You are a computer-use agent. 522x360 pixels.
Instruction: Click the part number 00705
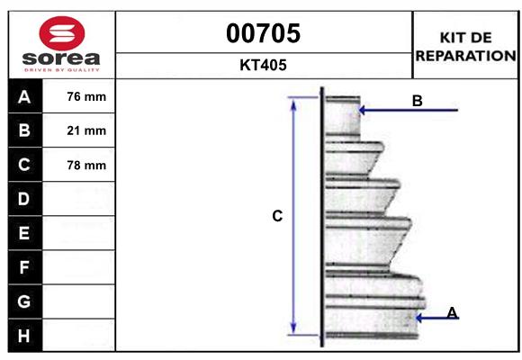[263, 33]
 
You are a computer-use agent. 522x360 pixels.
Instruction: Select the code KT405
[263, 66]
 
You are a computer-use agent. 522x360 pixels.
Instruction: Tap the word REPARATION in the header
[466, 55]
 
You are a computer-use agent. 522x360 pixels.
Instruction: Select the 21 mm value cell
[86, 131]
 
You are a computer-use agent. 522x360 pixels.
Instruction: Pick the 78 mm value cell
[86, 166]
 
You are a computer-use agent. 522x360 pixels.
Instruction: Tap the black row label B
[24, 131]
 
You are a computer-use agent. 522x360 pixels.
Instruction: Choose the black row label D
[24, 199]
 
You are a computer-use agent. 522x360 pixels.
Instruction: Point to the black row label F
[24, 267]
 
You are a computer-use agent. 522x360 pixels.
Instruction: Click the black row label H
[24, 336]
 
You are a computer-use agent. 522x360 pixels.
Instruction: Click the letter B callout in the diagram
[417, 101]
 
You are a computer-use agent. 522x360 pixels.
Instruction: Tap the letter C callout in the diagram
[277, 216]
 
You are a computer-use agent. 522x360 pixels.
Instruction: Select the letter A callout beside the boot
[452, 312]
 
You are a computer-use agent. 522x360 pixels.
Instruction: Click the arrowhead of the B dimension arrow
[363, 111]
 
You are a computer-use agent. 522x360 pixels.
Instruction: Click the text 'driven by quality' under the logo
[60, 68]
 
